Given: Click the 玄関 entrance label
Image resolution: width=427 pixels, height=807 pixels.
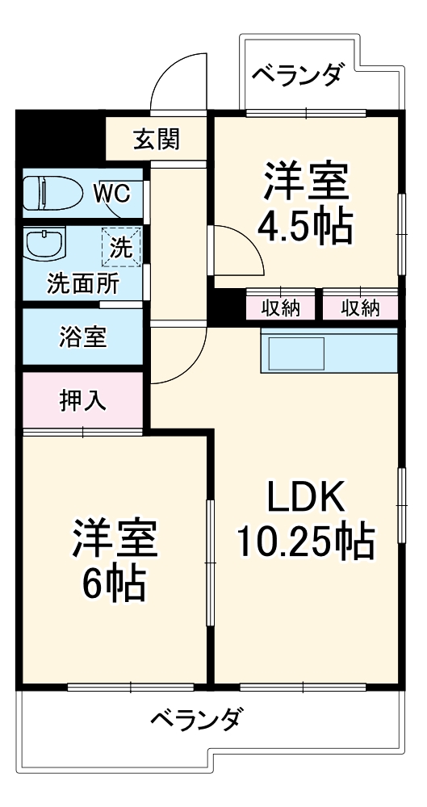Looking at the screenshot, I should [157, 140].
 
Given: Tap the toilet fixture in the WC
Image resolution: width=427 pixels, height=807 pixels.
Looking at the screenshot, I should [50, 193].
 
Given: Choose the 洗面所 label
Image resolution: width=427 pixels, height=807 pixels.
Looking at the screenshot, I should [82, 283].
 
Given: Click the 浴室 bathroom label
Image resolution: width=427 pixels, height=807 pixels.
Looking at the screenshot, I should [82, 337].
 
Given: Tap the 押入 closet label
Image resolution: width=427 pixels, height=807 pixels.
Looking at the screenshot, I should [82, 400].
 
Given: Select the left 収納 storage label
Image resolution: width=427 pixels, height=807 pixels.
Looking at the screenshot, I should [281, 307].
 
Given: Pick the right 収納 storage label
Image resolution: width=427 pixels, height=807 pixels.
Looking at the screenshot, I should [360, 307].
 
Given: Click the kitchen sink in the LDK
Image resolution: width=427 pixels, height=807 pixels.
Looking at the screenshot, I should [296, 353].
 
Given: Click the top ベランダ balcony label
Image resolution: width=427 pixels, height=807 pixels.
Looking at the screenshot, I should [297, 75].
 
